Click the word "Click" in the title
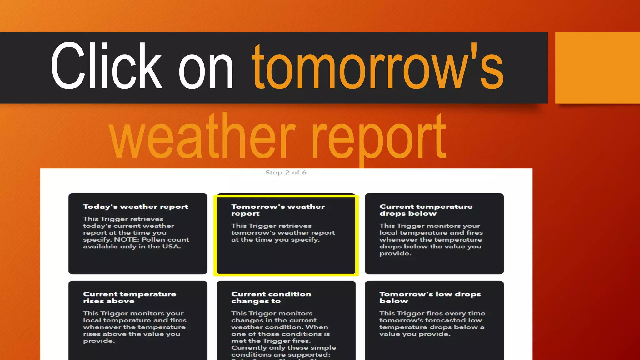(x=106, y=66)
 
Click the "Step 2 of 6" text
(x=286, y=172)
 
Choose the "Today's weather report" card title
(x=136, y=207)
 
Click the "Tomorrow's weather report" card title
(x=278, y=210)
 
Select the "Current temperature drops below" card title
(x=426, y=210)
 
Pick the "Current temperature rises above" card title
(x=129, y=297)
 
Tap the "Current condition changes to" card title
(x=271, y=297)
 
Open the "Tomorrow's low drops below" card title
(x=430, y=297)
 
